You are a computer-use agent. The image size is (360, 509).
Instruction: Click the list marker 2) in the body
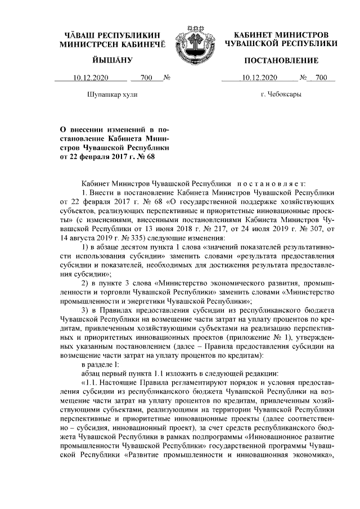(86, 282)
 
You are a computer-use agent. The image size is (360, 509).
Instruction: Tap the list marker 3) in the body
(86, 309)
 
